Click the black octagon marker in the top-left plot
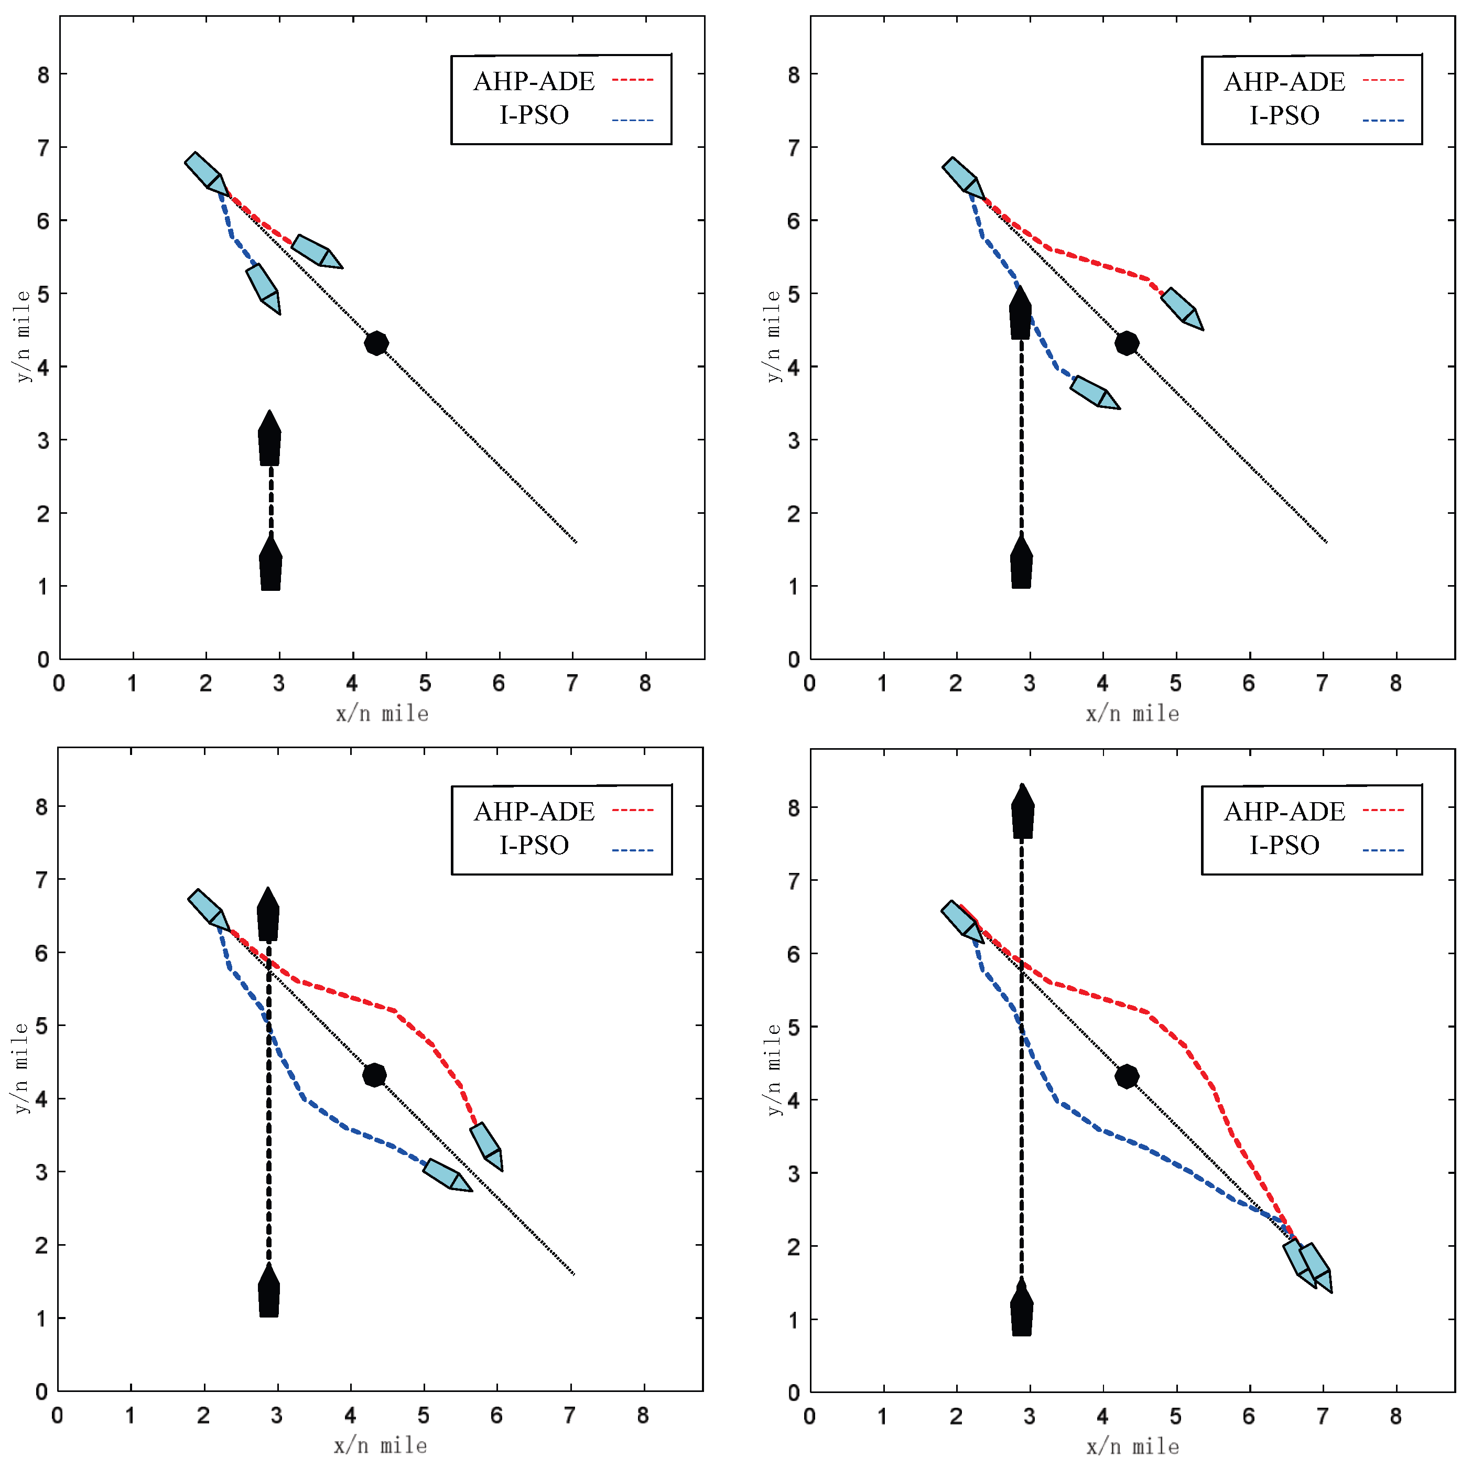point(376,343)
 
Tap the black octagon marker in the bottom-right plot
point(1127,1076)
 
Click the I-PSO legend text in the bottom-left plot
point(534,845)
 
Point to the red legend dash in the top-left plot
point(632,79)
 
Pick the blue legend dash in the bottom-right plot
point(1383,850)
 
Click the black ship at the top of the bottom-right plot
point(1022,813)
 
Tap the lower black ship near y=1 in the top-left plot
point(270,564)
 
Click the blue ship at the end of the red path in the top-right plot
point(1181,309)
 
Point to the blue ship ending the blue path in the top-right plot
point(1094,393)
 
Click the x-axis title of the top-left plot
point(383,714)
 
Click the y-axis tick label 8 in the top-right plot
point(794,74)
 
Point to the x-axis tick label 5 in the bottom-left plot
point(424,1416)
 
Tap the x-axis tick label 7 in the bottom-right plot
point(1323,1416)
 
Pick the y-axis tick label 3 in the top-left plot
point(44,440)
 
